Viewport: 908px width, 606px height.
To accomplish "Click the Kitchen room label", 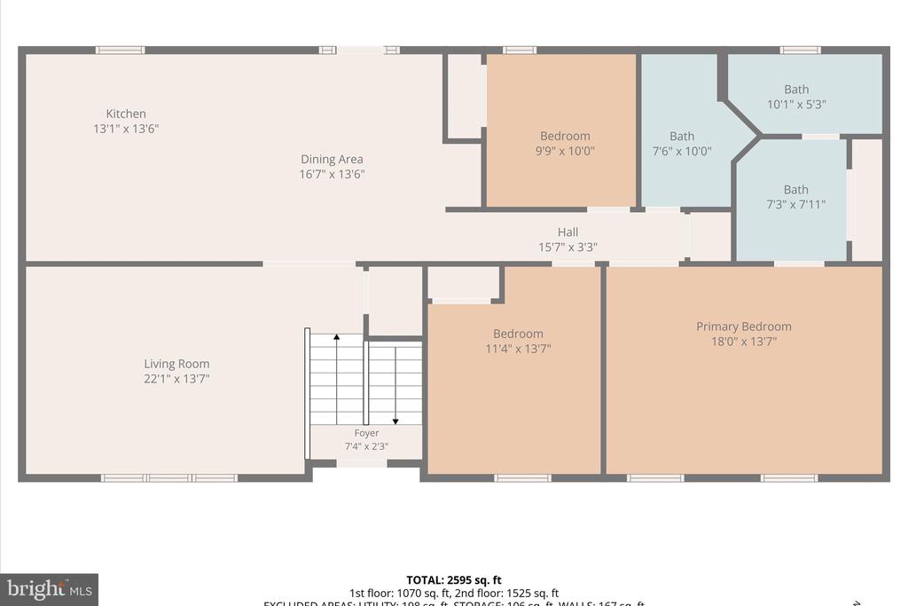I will (x=126, y=114).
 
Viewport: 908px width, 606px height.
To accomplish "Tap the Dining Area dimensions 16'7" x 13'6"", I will (x=332, y=175).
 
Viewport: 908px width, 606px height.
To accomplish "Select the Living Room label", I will (x=176, y=364).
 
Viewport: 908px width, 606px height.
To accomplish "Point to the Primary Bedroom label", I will (x=743, y=327).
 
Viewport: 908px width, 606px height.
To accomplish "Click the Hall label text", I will (x=567, y=232).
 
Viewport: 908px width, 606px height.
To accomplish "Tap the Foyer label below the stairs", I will (x=366, y=433).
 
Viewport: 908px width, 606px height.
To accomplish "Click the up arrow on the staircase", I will (x=336, y=340).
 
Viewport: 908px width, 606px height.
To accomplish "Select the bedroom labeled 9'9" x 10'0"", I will (x=565, y=143).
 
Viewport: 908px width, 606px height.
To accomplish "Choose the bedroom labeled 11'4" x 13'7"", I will (x=518, y=341).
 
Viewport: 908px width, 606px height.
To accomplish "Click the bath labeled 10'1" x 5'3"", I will (x=796, y=96).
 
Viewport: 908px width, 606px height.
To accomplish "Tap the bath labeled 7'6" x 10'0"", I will (x=682, y=143).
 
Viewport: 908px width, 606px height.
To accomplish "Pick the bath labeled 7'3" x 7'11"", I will (x=795, y=196).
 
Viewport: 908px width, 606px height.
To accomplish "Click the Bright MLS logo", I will (x=49, y=588).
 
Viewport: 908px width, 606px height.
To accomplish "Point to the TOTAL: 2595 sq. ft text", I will (x=454, y=580).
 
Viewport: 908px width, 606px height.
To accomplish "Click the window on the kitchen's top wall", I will (x=120, y=51).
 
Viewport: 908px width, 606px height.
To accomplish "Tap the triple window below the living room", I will (x=168, y=478).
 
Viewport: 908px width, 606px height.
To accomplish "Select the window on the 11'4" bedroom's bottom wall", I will (x=522, y=478).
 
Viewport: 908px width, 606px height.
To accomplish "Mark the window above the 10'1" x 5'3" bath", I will (x=800, y=51).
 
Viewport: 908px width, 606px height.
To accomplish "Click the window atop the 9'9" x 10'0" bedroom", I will (x=519, y=51).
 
